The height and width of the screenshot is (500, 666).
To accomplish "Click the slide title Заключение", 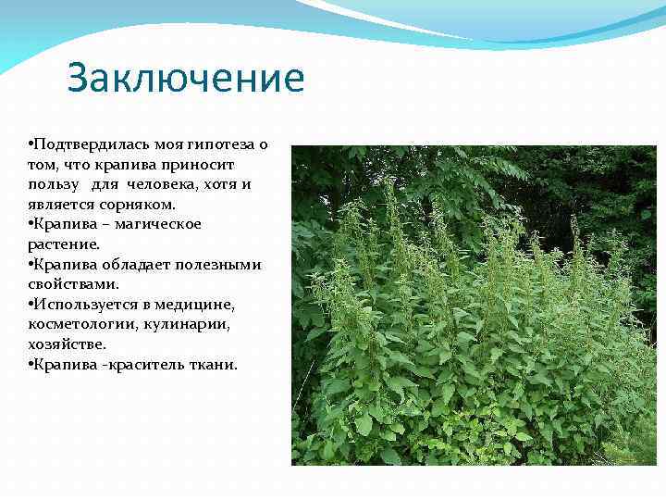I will pyautogui.click(x=185, y=79).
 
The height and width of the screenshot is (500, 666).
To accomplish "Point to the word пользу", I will pyautogui.click(x=54, y=184).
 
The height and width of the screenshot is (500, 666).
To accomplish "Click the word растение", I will pyautogui.click(x=63, y=244).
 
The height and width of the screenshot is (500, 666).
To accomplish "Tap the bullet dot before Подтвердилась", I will pyautogui.click(x=31, y=144).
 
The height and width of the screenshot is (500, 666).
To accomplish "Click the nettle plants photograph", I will pyautogui.click(x=474, y=306).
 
